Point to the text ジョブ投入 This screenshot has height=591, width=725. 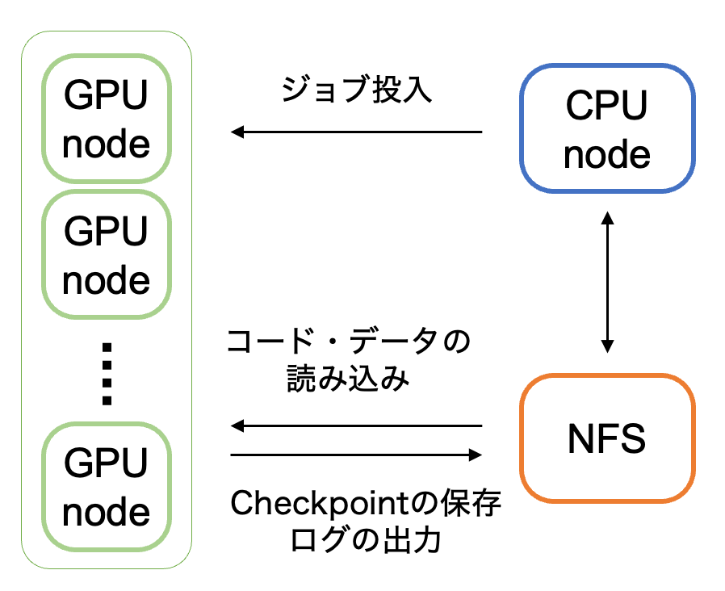357,89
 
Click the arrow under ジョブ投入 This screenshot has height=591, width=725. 356,132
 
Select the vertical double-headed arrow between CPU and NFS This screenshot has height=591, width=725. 608,282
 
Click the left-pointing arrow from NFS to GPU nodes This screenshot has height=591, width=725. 356,425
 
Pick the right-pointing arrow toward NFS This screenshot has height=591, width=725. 356,455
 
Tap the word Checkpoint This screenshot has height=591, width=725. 320,504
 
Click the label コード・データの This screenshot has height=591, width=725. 348,342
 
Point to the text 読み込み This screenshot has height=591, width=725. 348,379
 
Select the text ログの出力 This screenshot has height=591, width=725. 365,539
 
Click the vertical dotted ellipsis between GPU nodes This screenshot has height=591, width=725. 107,374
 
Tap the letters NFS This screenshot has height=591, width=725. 606,438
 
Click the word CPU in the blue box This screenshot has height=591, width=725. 606,105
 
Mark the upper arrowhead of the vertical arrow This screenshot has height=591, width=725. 608,217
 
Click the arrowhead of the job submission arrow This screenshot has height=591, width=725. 237,132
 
